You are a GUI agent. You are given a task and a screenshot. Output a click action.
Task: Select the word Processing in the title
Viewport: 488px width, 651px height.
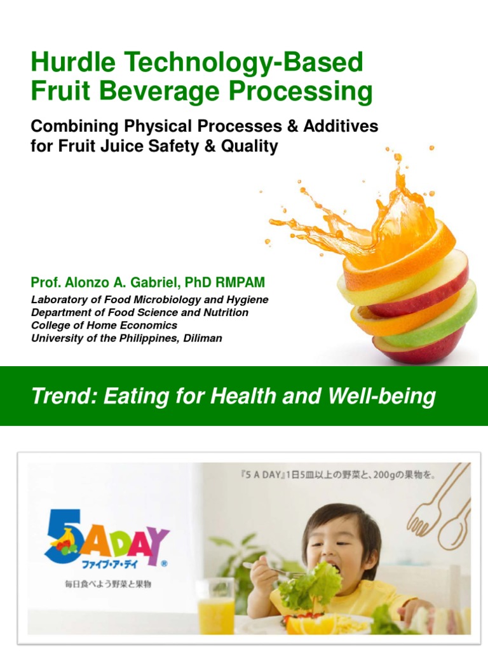point(301,92)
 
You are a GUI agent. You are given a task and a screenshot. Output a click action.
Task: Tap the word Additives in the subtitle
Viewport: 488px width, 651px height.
point(340,127)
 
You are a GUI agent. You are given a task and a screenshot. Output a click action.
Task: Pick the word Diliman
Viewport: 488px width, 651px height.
point(201,338)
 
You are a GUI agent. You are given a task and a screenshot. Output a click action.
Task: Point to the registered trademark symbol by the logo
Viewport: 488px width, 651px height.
point(164,563)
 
